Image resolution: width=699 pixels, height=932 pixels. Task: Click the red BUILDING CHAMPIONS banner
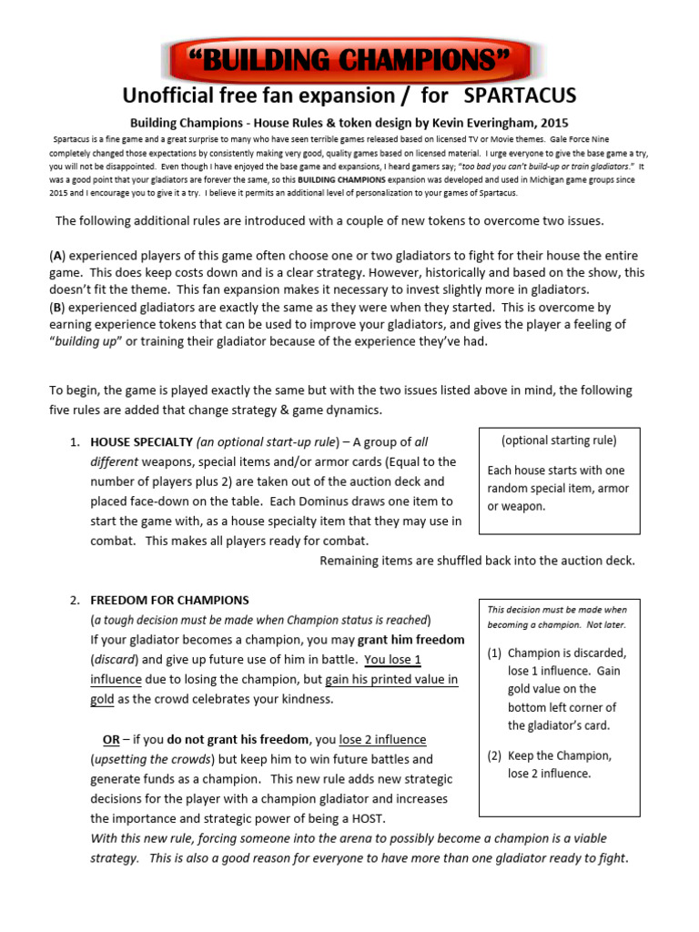349,62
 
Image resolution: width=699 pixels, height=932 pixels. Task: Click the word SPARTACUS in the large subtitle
520,96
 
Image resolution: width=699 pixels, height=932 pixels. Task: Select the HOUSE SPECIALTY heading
141,442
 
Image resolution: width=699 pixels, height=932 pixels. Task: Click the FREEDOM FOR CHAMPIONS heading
169,600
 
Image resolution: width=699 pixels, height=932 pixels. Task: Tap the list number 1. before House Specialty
76,442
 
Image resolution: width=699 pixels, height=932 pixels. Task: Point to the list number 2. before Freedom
76,600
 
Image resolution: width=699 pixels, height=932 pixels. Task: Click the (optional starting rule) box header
559,441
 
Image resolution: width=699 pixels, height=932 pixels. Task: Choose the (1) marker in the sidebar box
493,653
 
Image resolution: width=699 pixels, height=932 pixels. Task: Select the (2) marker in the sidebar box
493,755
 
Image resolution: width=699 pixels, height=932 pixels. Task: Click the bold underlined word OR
111,739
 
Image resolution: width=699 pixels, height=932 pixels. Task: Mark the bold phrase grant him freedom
410,640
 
